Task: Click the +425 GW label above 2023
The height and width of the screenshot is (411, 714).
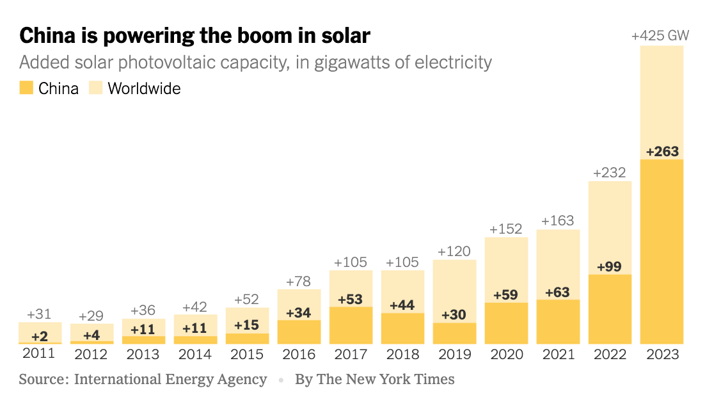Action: tap(660, 36)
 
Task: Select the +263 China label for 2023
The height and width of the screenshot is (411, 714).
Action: tap(662, 152)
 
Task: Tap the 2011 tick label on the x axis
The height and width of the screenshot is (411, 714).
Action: tap(38, 353)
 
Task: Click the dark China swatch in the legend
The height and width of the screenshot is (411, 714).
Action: tap(26, 88)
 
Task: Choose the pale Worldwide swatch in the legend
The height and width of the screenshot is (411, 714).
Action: tap(95, 88)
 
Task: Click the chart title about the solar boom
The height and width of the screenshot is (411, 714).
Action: tap(194, 35)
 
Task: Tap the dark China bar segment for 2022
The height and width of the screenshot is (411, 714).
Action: tap(610, 310)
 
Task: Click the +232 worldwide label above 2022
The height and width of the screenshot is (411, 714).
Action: tap(609, 172)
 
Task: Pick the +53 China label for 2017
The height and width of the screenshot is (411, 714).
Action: tap(351, 300)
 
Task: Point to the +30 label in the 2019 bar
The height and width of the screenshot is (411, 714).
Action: tap(454, 315)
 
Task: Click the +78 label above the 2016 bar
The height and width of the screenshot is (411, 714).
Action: tap(299, 281)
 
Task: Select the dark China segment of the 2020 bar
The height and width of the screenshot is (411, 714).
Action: tap(506, 323)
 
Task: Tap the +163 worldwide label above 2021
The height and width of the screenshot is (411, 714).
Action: tap(558, 221)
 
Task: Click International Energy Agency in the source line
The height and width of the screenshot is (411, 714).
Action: tap(170, 379)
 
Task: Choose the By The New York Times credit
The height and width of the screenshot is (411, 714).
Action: tap(374, 379)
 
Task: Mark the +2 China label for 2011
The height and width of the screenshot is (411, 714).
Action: tap(39, 335)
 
